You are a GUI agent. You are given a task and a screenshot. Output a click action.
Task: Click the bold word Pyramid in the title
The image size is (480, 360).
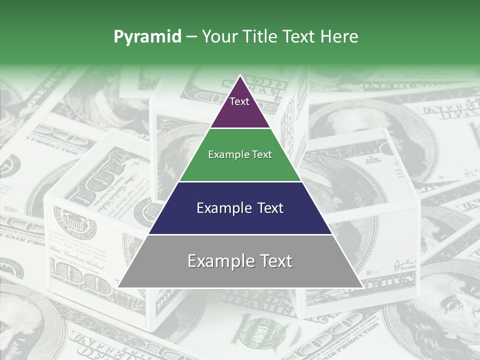click(x=147, y=36)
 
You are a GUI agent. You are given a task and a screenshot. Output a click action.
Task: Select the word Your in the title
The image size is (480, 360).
click(x=218, y=36)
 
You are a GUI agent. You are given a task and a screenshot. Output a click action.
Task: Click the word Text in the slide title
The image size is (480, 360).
click(x=299, y=36)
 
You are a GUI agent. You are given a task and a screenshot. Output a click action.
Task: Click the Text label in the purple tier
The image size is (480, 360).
click(x=239, y=101)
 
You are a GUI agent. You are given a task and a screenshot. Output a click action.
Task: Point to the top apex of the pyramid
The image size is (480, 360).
click(x=240, y=76)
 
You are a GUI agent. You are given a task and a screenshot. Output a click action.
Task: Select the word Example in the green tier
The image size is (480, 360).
click(x=228, y=154)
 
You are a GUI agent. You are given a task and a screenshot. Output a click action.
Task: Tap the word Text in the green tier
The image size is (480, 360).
click(x=261, y=154)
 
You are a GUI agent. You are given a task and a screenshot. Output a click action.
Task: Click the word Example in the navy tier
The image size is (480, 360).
click(x=222, y=208)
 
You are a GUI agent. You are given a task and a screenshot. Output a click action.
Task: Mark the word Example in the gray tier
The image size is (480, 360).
click(x=218, y=261)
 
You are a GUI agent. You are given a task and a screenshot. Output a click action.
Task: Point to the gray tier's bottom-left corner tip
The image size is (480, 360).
click(x=118, y=287)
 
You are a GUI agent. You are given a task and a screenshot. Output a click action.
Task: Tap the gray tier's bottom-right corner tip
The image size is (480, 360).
click(x=362, y=287)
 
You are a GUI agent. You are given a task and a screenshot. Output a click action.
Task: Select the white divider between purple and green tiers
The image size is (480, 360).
click(x=240, y=128)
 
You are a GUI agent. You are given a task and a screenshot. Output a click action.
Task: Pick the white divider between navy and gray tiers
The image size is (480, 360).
click(x=240, y=234)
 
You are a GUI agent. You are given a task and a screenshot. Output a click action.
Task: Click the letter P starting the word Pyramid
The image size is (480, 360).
click(x=118, y=36)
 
